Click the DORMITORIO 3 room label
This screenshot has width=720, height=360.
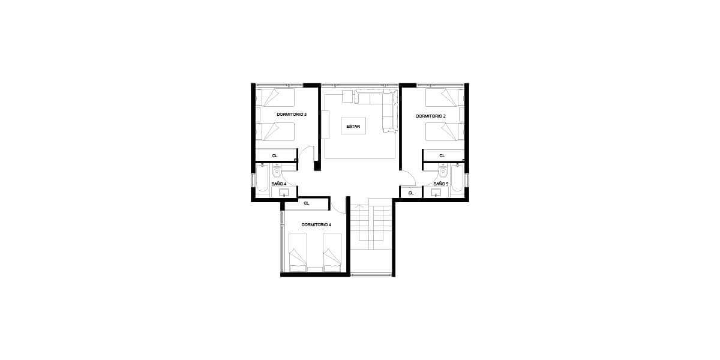292,114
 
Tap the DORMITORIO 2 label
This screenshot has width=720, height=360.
431,116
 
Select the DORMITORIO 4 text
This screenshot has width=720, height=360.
316,224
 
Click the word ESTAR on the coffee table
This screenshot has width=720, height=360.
353,127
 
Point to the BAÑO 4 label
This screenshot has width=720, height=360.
278,184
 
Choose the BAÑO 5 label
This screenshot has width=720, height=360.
441,184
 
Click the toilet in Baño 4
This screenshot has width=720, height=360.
277,171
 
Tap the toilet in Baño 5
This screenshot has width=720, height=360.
443,171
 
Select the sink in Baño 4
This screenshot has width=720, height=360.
284,193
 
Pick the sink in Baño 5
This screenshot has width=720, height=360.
436,193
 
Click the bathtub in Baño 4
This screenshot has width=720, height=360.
262,178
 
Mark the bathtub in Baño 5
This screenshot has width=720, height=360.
457,178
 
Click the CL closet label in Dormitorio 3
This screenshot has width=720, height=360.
275,155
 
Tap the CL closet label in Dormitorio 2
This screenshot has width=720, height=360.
442,155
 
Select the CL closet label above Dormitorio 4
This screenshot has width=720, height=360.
307,203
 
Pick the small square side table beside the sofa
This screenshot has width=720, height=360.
347,97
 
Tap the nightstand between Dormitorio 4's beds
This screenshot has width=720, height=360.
315,269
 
